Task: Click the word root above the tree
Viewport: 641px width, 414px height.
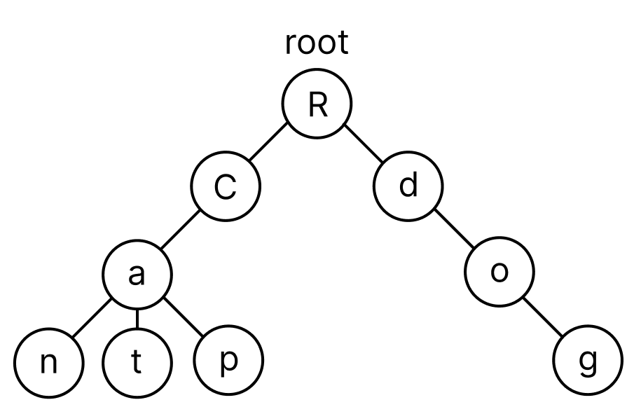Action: (x=317, y=43)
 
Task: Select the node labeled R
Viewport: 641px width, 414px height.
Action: (x=317, y=104)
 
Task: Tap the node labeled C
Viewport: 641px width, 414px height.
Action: (x=226, y=186)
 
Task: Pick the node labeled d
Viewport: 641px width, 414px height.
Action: (x=408, y=186)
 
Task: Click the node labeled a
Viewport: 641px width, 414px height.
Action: (x=137, y=274)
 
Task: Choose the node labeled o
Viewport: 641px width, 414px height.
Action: (x=499, y=272)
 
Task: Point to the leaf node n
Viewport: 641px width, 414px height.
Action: (x=49, y=363)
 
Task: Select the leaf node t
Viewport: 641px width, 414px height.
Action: (x=137, y=363)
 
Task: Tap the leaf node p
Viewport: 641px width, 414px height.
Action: (x=228, y=361)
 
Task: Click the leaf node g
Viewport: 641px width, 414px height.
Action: (x=588, y=361)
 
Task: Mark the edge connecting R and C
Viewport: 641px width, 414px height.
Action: (x=268, y=142)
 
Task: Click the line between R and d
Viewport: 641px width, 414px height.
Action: (x=364, y=144)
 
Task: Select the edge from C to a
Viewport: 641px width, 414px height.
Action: (x=180, y=230)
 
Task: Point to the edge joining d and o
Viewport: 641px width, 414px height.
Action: (x=455, y=229)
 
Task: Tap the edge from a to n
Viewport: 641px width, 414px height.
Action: (x=92, y=319)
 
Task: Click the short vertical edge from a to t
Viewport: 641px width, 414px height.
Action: (x=137, y=319)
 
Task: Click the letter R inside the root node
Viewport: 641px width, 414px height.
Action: (x=317, y=104)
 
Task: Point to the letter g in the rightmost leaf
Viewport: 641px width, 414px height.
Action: (x=588, y=362)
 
